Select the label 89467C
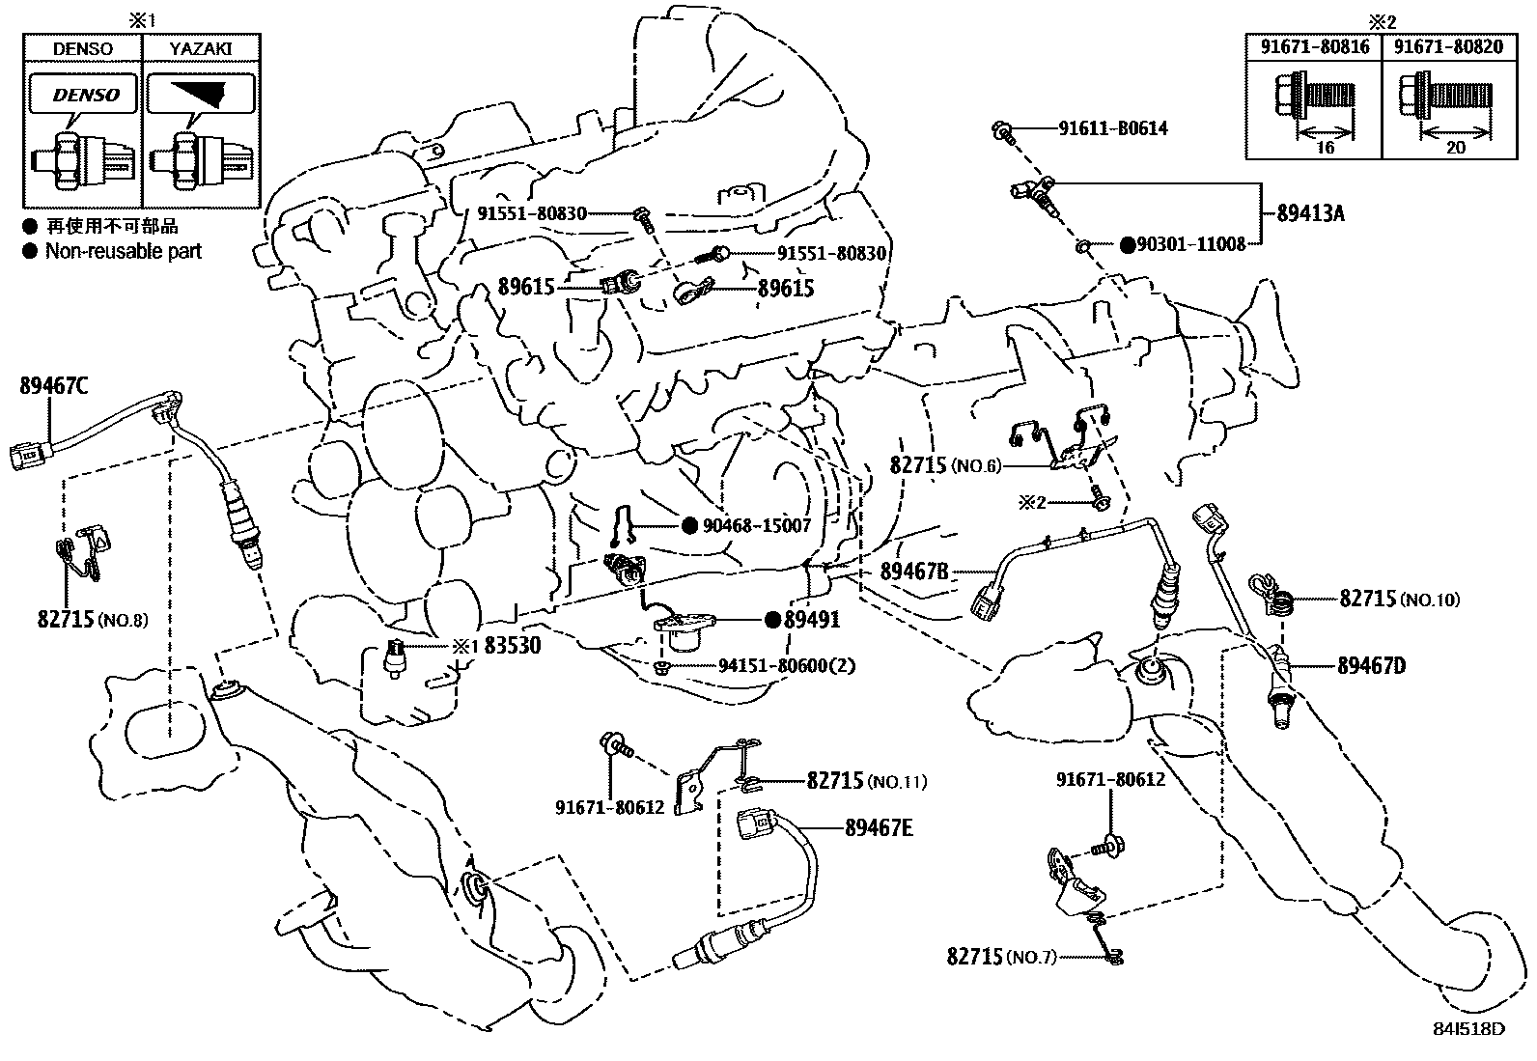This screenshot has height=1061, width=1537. tap(54, 386)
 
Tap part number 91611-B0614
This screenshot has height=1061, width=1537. tap(1113, 128)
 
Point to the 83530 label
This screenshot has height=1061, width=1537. tap(512, 646)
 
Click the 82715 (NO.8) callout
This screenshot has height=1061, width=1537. tap(93, 619)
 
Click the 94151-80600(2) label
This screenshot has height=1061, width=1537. tap(787, 665)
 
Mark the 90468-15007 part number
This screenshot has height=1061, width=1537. tap(756, 526)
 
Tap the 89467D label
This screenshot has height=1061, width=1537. tap(1371, 665)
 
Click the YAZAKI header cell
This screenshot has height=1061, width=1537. tap(202, 48)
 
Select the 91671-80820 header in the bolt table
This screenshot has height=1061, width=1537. tap(1439, 46)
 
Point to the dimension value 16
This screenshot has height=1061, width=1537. tap(1325, 147)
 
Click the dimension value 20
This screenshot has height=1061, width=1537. tap(1456, 147)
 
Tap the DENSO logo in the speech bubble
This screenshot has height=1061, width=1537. tap(85, 96)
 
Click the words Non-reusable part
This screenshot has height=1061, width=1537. tap(124, 251)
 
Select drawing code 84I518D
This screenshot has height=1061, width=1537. tap(1469, 1029)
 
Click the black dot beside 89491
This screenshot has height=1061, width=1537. tap(772, 620)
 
